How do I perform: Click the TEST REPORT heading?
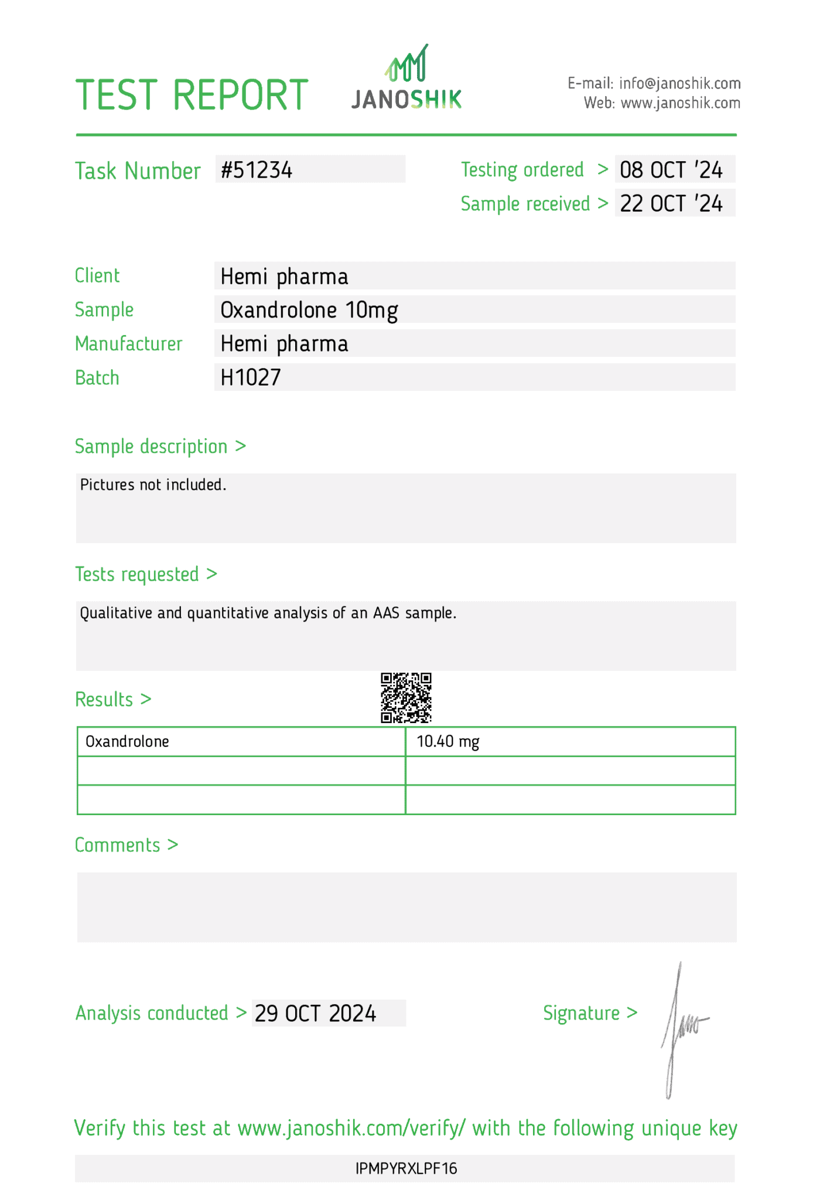point(192,95)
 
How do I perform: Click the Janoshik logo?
point(406,79)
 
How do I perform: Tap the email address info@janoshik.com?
point(679,83)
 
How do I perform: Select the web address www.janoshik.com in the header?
point(680,103)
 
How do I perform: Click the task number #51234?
point(257,170)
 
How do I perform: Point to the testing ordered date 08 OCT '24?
point(671,170)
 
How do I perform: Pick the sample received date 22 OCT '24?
point(671,204)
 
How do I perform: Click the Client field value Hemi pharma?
point(284,277)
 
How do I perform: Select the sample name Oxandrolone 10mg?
point(309,310)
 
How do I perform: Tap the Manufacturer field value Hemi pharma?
point(284,344)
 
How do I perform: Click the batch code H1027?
point(251,378)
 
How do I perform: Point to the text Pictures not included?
point(153,485)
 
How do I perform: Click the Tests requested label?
point(137,574)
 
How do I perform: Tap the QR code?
point(406,698)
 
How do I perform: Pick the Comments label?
point(118,845)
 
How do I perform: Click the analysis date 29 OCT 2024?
point(315,1014)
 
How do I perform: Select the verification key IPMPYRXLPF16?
point(406,1169)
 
